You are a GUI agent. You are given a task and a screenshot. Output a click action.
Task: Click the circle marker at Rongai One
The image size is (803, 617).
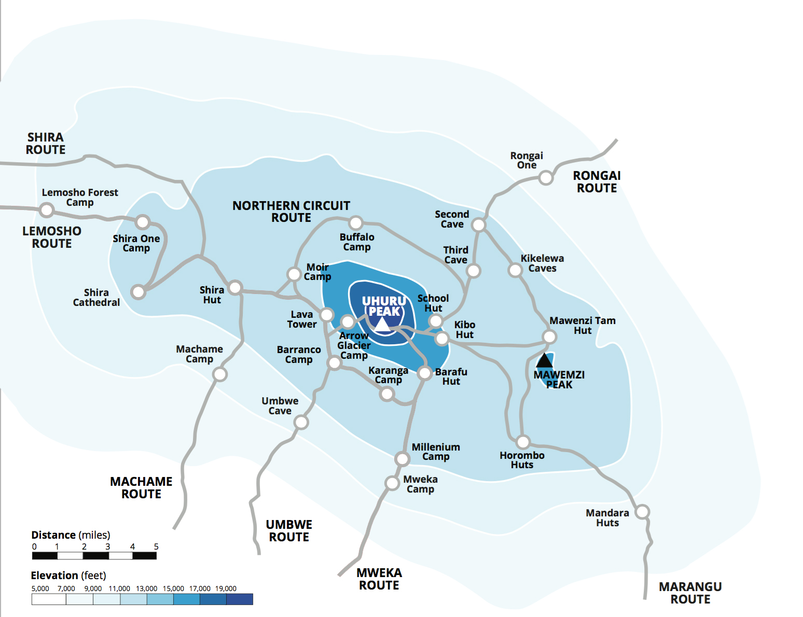point(546,178)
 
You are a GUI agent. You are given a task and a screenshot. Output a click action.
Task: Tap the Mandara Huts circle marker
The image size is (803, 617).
point(642,512)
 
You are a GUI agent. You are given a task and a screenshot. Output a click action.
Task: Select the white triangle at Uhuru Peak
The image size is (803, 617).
point(382,325)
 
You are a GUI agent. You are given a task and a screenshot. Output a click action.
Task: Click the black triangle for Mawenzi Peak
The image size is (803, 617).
point(544,360)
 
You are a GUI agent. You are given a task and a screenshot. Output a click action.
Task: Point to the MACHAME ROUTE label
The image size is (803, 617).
point(141,488)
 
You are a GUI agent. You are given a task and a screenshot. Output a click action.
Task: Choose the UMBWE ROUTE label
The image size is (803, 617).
point(289,531)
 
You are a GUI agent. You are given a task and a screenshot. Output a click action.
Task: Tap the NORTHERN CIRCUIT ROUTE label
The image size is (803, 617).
point(291,212)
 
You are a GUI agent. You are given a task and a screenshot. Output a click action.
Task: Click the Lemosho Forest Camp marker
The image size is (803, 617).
point(47,210)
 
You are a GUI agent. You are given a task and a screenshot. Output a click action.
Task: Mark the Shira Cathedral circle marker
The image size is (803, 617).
point(138,292)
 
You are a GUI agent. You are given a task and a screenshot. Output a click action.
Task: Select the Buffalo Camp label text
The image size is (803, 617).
point(357,242)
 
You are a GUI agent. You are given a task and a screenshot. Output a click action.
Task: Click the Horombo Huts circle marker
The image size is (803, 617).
point(523,442)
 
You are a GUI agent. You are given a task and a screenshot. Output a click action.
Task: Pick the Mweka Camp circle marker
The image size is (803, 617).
point(392,483)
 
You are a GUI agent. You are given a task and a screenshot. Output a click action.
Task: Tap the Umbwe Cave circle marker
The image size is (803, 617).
point(301,422)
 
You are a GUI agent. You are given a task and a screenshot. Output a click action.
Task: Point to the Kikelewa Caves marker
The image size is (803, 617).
point(515,270)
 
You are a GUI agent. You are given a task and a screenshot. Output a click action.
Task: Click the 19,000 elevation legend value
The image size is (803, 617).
point(226,588)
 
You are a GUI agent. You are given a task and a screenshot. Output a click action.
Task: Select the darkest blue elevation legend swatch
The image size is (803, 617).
point(240,599)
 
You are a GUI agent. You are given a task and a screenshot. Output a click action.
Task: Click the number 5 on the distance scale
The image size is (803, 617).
point(156,546)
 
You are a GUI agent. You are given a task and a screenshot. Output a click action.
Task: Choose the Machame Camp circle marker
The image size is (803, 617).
point(220,374)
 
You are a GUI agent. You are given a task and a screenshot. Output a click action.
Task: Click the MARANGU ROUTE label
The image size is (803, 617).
point(690,593)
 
